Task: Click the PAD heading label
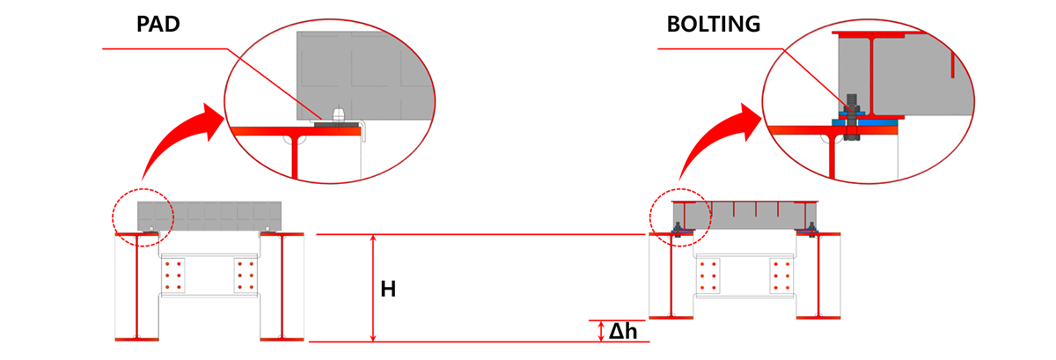coord(158,25)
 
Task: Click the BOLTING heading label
coord(713,25)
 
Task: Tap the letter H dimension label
coord(387,288)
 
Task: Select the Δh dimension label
coord(623,331)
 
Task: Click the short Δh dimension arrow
coord(601,331)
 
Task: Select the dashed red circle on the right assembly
coord(678,217)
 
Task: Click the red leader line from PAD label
coord(167,48)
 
